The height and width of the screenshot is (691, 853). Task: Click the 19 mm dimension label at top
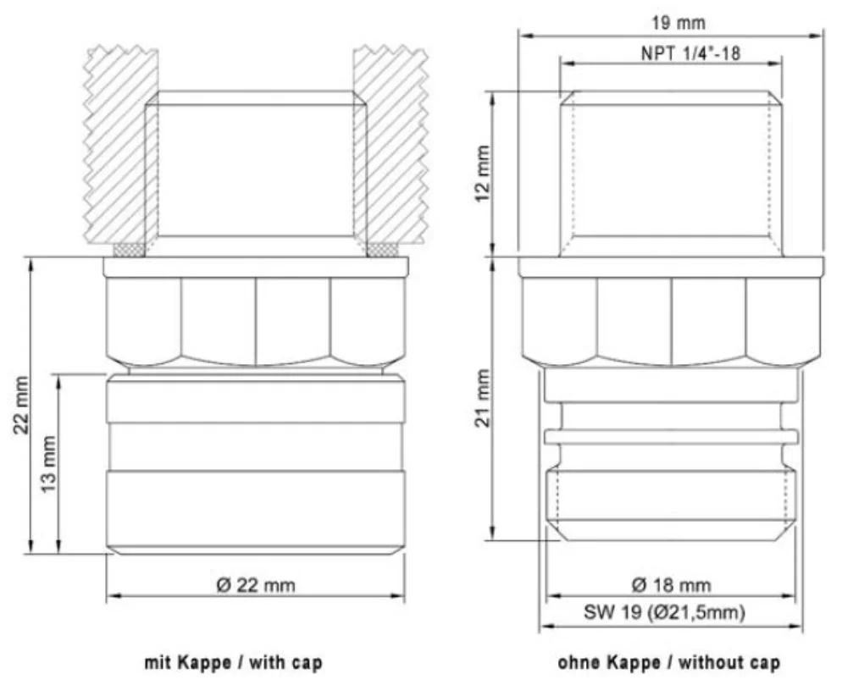670,24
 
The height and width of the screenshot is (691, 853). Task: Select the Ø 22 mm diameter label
255,585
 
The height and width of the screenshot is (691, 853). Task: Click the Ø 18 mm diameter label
670,585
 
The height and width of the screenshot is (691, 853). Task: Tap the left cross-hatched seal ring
129,250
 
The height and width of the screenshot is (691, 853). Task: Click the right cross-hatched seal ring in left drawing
382,250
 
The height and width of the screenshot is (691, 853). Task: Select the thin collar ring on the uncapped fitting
670,436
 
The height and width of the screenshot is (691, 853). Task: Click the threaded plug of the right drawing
670,174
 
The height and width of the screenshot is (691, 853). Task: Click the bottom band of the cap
255,508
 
